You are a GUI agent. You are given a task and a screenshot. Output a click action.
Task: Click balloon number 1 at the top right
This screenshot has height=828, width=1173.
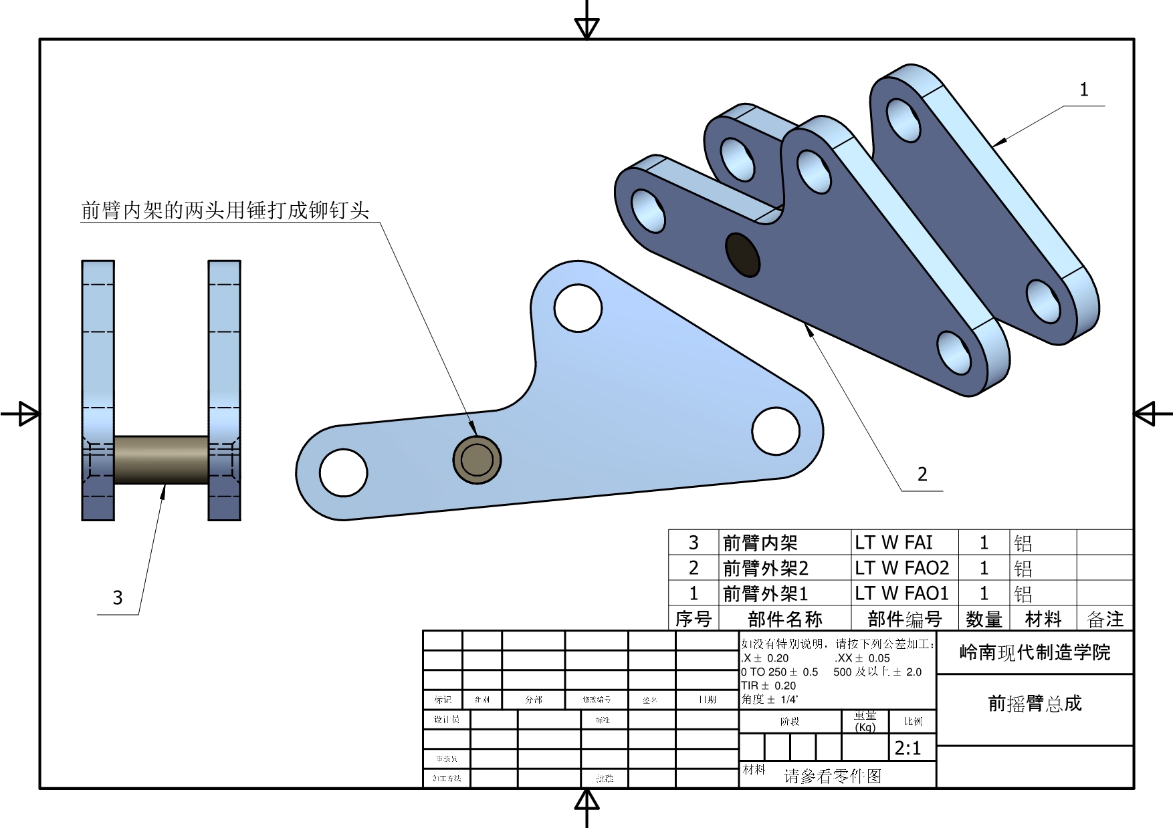point(1084,90)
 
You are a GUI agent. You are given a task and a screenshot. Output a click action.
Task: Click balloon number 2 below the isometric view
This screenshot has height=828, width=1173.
point(922,474)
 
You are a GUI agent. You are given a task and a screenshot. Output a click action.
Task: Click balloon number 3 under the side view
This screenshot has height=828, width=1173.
point(118,597)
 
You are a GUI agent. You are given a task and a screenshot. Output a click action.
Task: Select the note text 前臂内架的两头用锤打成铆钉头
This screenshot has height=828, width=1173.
point(225,210)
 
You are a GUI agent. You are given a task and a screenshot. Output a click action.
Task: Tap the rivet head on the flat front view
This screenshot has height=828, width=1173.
point(477,460)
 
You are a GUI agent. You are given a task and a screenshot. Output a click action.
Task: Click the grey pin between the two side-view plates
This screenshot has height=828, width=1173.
point(161,460)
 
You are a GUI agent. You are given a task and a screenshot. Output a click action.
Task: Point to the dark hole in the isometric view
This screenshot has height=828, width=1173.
point(743,255)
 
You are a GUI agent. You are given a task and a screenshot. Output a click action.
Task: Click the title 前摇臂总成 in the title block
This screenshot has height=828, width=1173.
point(1035,703)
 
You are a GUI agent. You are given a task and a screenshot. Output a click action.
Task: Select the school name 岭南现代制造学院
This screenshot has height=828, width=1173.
point(1035,652)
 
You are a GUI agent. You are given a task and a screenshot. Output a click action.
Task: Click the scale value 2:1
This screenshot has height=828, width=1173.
point(908,748)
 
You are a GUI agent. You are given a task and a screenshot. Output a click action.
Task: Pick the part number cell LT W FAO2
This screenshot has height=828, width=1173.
point(901,568)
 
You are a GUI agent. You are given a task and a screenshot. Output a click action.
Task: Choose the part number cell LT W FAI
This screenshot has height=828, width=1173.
point(893,543)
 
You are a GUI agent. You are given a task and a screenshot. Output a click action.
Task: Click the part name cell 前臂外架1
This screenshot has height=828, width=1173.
point(765,593)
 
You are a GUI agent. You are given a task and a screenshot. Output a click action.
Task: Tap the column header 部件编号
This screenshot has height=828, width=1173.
point(904,619)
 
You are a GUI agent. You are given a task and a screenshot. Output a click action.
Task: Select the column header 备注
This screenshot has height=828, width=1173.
point(1105,619)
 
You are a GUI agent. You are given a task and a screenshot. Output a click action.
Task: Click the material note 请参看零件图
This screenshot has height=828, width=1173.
point(833,776)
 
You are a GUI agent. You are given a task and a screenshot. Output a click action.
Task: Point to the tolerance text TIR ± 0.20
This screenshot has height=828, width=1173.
point(768,686)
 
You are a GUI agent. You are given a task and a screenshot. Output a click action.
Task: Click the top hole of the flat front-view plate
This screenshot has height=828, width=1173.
point(578,308)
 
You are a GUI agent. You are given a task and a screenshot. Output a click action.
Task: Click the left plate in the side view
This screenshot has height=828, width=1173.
point(98,348)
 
